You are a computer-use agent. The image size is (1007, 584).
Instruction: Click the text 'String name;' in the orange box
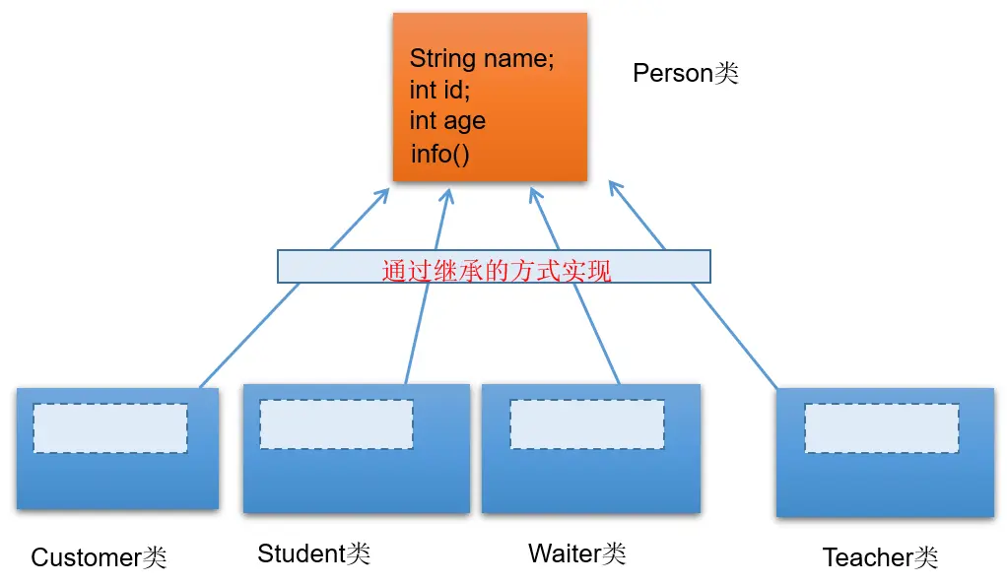[x=482, y=59]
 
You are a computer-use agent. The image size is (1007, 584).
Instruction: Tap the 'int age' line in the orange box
[x=447, y=121]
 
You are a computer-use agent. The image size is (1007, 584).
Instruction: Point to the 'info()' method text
[x=440, y=154]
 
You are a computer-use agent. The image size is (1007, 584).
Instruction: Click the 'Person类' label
[x=686, y=73]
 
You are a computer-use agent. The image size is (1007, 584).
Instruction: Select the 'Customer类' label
[x=100, y=558]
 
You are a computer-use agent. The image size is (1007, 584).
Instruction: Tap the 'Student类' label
[x=313, y=553]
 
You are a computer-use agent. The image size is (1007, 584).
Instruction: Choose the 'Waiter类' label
[x=577, y=553]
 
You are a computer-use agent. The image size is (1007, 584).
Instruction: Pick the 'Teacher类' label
[x=880, y=558]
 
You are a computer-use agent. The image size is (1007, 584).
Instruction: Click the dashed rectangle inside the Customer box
[x=110, y=428]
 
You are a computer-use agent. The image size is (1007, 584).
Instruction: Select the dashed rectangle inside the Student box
[x=336, y=424]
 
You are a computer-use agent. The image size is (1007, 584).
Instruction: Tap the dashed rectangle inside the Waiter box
[x=586, y=424]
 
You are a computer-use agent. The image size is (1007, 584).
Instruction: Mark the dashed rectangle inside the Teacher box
[x=881, y=428]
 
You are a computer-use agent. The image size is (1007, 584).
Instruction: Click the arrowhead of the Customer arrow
[x=384, y=192]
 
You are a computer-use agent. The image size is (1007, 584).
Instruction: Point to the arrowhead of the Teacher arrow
[x=613, y=185]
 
